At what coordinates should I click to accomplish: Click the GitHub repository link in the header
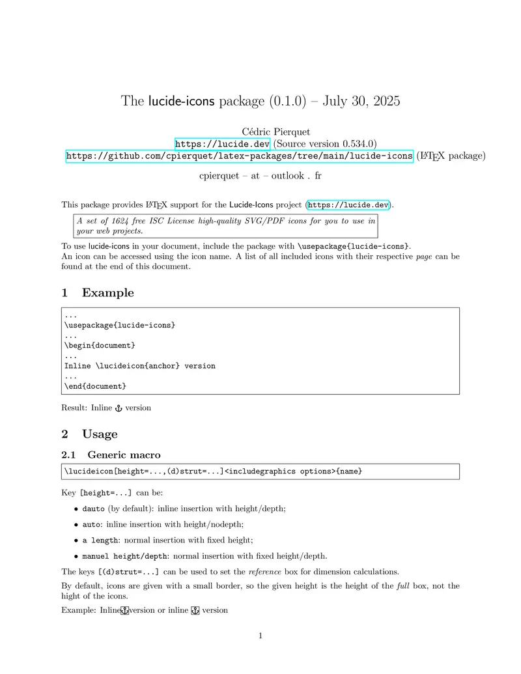(240, 156)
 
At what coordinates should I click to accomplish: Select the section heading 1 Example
(98, 293)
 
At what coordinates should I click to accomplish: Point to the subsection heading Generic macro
(124, 455)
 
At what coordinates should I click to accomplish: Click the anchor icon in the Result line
(118, 408)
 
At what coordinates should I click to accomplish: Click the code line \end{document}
(95, 386)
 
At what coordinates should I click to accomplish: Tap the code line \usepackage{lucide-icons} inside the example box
(120, 324)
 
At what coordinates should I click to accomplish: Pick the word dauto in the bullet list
(94, 509)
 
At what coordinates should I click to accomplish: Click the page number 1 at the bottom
(260, 636)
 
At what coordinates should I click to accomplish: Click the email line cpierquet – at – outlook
(260, 176)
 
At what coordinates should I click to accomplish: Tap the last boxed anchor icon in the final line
(194, 610)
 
